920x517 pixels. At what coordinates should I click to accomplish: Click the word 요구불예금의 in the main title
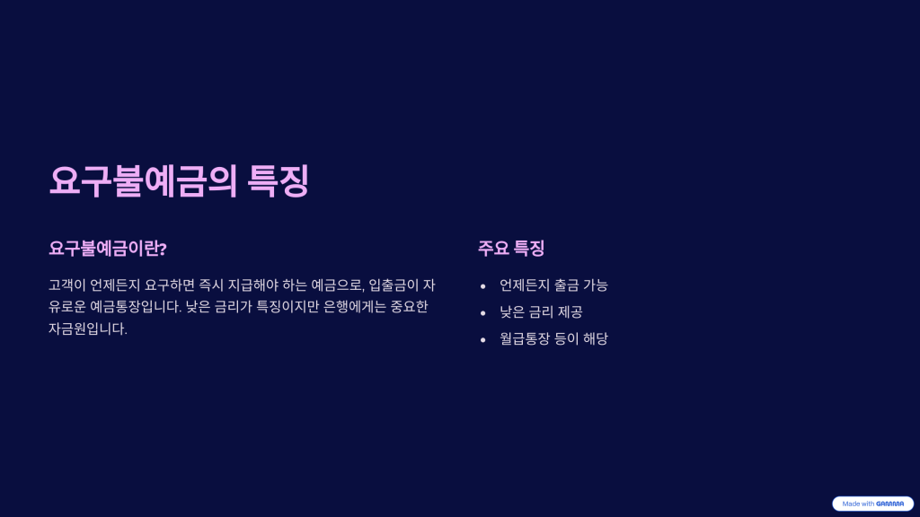click(143, 180)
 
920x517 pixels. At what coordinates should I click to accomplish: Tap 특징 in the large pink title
click(279, 180)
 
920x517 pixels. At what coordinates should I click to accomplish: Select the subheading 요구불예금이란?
click(108, 249)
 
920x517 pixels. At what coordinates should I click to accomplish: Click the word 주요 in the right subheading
click(493, 249)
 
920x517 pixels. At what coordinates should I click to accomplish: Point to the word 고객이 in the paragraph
click(66, 285)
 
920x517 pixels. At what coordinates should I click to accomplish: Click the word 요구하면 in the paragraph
click(170, 285)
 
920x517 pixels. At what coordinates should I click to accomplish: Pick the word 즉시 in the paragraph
click(211, 285)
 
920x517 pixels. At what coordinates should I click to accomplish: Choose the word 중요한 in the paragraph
click(409, 307)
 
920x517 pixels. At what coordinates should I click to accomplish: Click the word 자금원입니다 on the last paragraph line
click(87, 329)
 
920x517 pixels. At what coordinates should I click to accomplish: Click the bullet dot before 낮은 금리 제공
click(482, 313)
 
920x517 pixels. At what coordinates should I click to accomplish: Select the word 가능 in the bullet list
click(596, 285)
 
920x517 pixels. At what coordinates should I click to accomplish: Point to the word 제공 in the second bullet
click(570, 312)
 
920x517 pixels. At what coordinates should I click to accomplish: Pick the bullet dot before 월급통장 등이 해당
click(482, 340)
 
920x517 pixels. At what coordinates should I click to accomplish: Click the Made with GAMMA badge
click(872, 504)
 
